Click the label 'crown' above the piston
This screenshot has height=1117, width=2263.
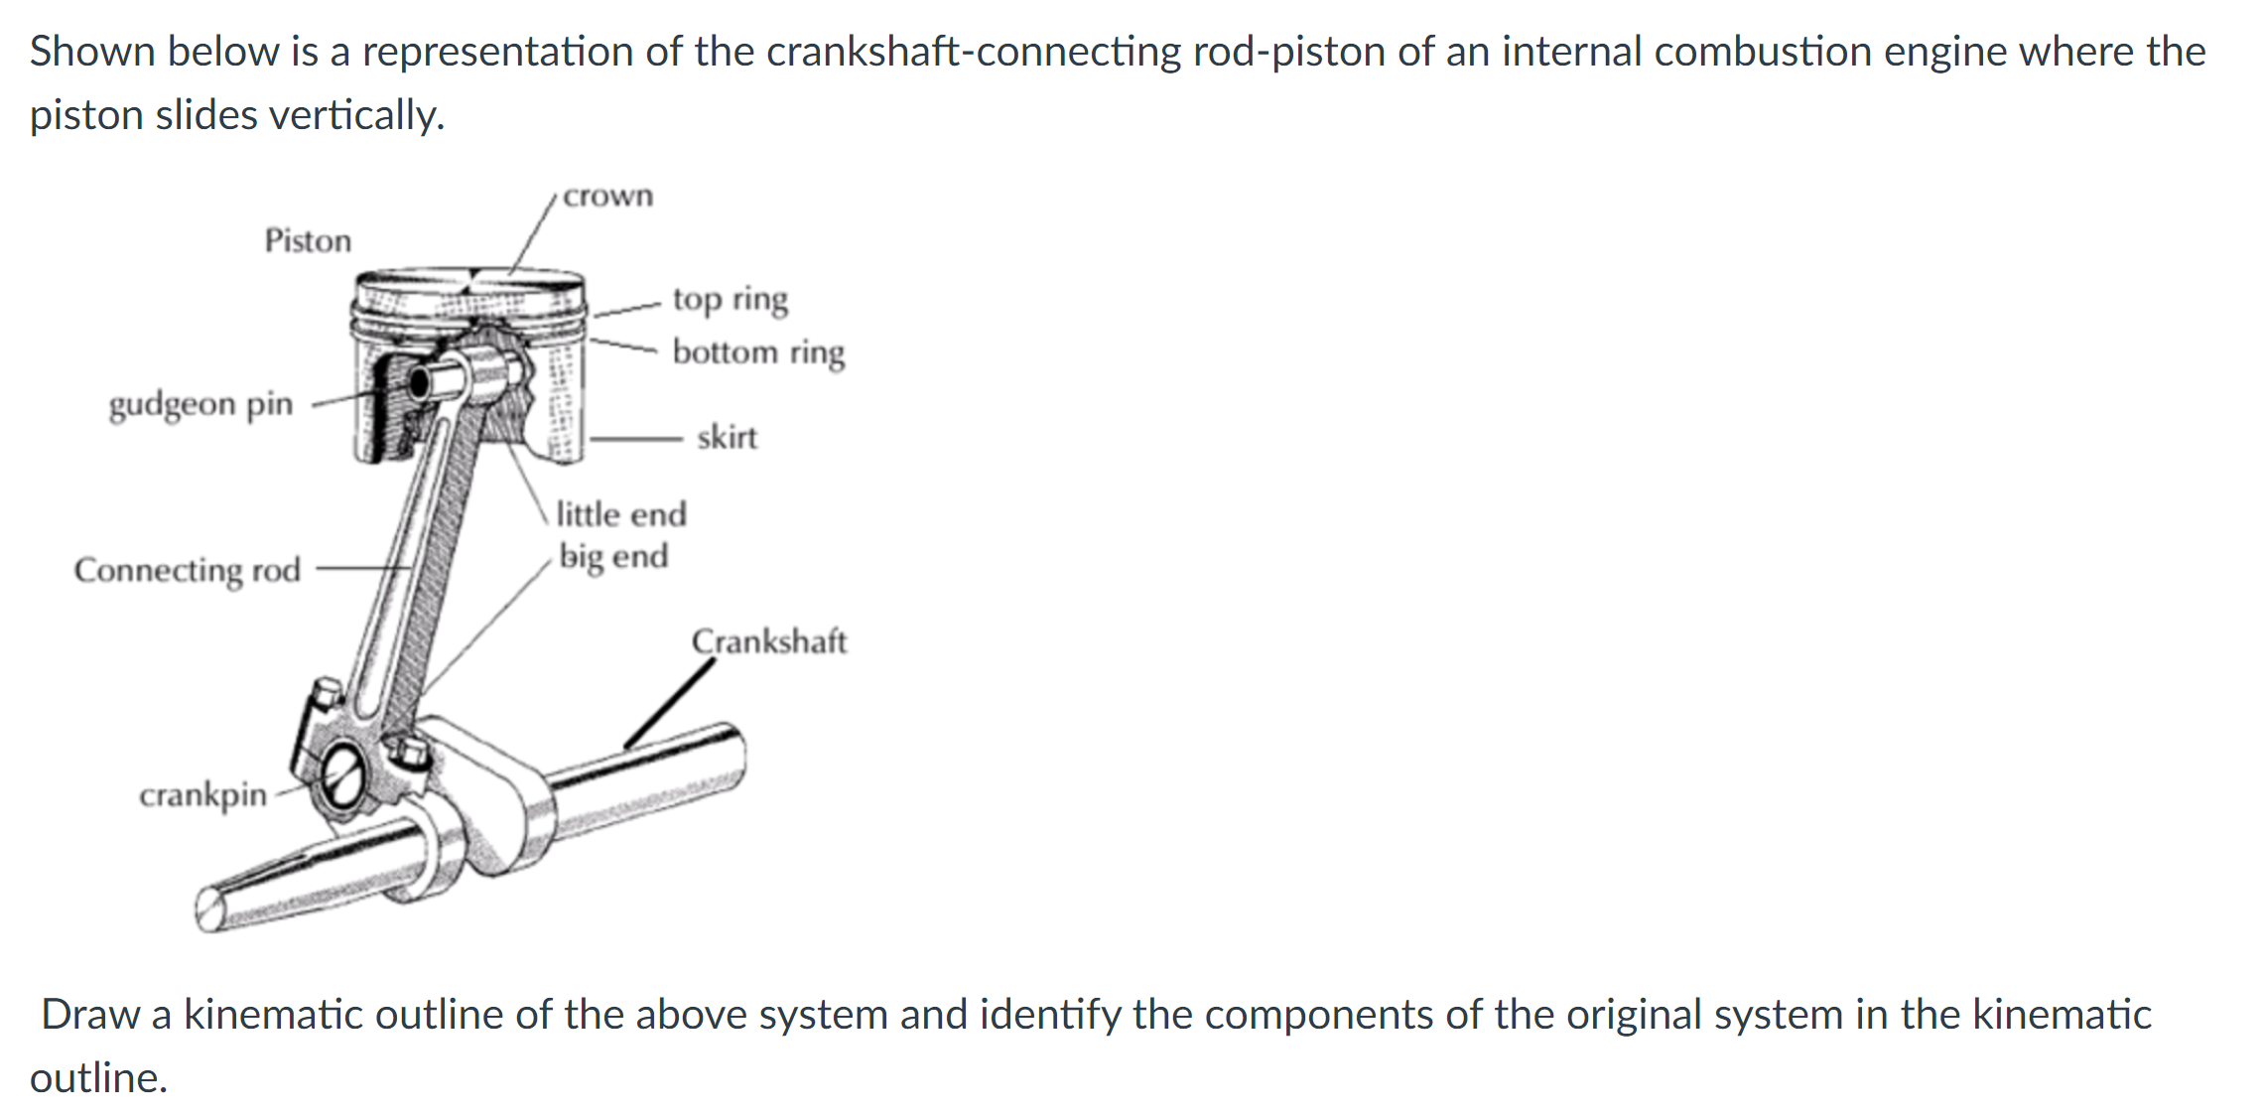click(607, 197)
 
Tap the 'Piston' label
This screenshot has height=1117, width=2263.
click(308, 240)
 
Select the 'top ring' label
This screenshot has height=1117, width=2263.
click(731, 299)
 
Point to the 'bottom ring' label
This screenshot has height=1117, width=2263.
click(758, 352)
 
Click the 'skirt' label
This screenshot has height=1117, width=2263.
click(727, 437)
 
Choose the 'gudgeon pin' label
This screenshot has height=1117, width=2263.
click(201, 404)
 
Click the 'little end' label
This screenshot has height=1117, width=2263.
click(621, 514)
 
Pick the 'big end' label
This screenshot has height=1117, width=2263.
click(613, 556)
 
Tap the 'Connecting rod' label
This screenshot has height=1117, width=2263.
click(188, 570)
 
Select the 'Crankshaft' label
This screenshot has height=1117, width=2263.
click(769, 641)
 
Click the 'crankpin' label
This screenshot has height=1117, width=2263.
click(203, 794)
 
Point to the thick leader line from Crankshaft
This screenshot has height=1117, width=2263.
click(670, 703)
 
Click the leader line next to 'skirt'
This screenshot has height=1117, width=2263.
click(635, 437)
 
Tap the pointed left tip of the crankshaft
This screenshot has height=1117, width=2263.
click(209, 908)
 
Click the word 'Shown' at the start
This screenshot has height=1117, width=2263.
click(90, 51)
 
